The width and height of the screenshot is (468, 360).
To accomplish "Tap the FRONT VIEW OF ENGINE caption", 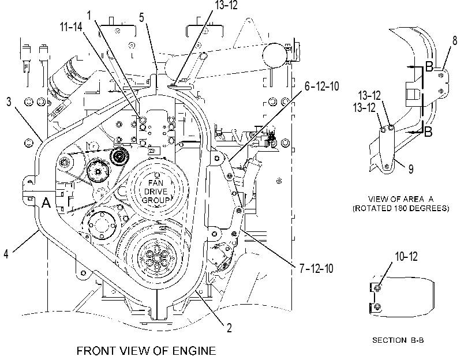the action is (146, 351).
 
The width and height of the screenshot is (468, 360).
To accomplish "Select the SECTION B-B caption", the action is (398, 340).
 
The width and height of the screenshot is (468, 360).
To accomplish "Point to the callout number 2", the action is (229, 328).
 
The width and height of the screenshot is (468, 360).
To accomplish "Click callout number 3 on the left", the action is (9, 102).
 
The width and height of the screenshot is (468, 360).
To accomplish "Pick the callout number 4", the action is (6, 254).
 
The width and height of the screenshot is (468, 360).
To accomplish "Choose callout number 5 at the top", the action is (141, 18).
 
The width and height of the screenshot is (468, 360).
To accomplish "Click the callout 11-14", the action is (71, 27).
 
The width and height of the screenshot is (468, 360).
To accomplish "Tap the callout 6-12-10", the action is (322, 87).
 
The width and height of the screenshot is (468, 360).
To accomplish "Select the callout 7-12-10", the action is (316, 269).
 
